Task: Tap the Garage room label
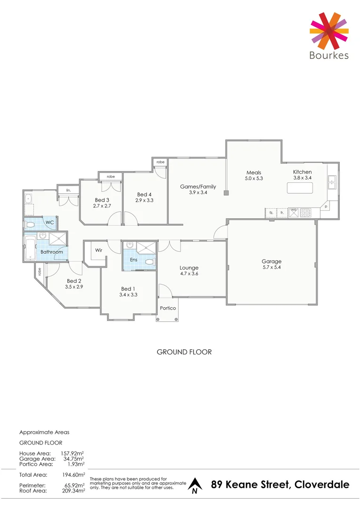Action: click(x=271, y=262)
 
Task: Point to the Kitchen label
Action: click(x=302, y=172)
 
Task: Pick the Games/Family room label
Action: click(x=198, y=187)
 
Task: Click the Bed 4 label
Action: click(x=144, y=194)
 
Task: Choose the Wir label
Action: click(x=98, y=250)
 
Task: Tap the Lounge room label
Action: click(x=189, y=268)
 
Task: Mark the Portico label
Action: click(x=168, y=308)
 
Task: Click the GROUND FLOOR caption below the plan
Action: click(x=184, y=352)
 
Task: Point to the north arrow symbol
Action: click(x=194, y=485)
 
